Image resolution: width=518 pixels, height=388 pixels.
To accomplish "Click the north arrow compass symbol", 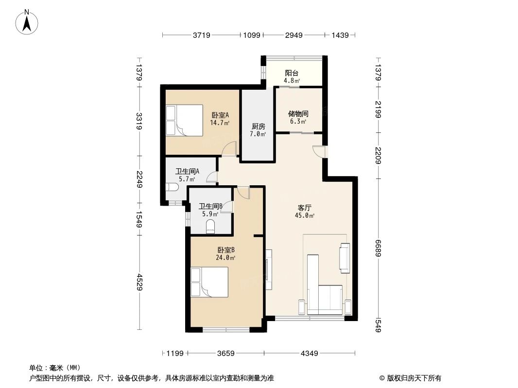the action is point(27,22).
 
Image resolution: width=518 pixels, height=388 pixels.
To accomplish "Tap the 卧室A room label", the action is point(220,115).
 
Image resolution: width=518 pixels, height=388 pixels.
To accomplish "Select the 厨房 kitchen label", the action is point(258,126).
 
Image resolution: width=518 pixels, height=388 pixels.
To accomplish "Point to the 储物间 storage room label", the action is point(298,113).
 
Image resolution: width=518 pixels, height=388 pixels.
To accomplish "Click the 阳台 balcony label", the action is point(292,73).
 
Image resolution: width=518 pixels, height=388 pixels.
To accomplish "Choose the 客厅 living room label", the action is point(304,208).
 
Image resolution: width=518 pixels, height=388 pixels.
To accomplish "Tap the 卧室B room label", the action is point(226,250).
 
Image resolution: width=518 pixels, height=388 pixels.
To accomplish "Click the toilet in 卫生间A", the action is point(172,188).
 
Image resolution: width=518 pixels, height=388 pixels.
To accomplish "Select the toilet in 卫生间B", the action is point(210,227).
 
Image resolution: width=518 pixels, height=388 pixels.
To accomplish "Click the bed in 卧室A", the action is point(184,120).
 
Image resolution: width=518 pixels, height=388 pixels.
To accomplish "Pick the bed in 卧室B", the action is point(209,282).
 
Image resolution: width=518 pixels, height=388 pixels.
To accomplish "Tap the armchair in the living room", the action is point(345,258).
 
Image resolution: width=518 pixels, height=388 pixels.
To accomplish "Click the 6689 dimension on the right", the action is point(378,248).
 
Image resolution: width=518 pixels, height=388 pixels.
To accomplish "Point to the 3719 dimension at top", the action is point(202,35).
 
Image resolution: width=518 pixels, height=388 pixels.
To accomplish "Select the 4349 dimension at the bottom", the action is point(310,354).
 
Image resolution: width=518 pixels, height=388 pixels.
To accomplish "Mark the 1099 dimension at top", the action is point(252,35).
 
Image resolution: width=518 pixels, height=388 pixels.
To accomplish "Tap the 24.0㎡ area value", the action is point(225,258).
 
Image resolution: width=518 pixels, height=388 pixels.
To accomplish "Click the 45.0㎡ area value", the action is point(305,216).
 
